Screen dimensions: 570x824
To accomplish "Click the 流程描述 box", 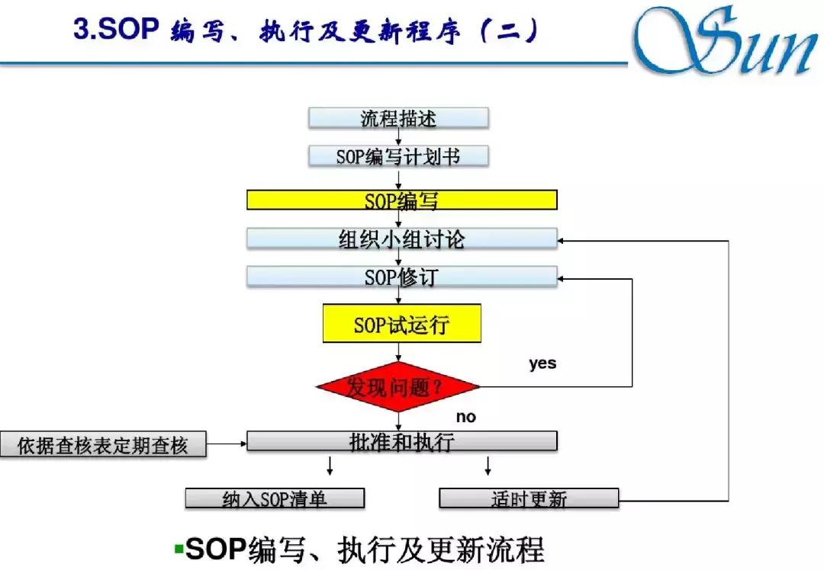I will click(398, 118).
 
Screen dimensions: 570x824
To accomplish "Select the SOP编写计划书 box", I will click(398, 156).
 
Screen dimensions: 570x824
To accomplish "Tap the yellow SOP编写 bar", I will click(401, 200).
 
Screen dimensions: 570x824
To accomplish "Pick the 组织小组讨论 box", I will click(401, 239).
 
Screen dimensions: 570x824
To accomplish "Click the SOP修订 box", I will click(401, 276).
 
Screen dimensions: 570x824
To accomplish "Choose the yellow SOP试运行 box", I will click(401, 324).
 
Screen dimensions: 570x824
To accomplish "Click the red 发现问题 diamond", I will click(398, 386).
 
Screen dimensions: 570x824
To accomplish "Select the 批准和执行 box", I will click(401, 440).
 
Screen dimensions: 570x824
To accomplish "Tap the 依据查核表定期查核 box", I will click(103, 445).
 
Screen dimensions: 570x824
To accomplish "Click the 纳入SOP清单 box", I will click(275, 499).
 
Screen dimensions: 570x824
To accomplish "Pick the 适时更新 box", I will click(529, 499).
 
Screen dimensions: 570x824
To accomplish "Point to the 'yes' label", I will click(542, 363).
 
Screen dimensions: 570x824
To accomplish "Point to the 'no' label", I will click(465, 416).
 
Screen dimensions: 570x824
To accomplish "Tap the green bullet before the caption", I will click(179, 548).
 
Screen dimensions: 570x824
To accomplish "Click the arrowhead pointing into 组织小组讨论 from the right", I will click(562, 241).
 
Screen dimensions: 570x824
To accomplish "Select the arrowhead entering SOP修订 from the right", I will click(562, 279).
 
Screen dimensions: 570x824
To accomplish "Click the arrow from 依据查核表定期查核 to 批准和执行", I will click(227, 442).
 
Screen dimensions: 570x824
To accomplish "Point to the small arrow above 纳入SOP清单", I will click(330, 466).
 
